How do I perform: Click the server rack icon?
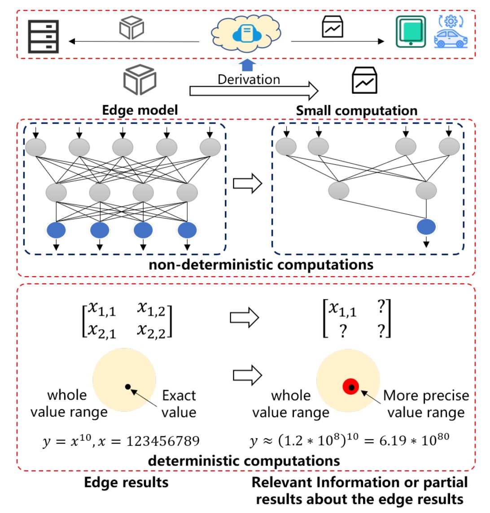tap(43, 36)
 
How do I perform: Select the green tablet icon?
tap(411, 31)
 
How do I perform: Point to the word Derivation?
tap(249, 80)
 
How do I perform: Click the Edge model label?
tap(140, 110)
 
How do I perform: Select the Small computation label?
tap(356, 110)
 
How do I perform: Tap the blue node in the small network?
tap(426, 227)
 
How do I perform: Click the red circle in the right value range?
tap(351, 387)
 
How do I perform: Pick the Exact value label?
tap(179, 404)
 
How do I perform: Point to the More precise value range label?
tap(426, 404)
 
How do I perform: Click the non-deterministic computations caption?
tap(261, 265)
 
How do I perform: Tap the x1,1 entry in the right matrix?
tap(342, 309)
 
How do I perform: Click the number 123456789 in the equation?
tap(163, 442)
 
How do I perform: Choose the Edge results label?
tap(126, 483)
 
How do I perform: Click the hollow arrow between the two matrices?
tap(245, 318)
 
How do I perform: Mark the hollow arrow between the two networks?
tap(247, 184)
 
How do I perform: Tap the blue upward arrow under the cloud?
tap(247, 65)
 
